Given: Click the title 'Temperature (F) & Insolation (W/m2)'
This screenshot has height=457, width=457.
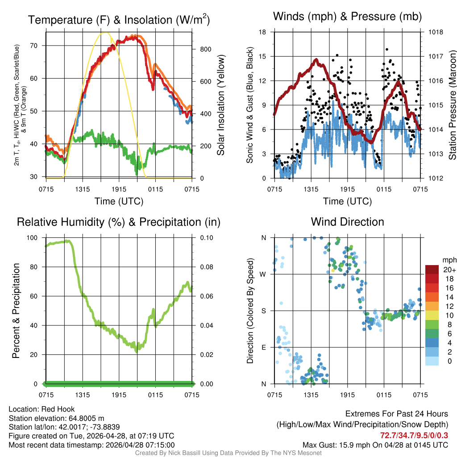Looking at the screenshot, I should point(119,20).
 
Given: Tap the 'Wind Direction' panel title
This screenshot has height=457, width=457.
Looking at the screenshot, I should point(347,222).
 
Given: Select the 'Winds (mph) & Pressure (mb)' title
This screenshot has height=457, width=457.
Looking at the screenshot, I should point(347,17).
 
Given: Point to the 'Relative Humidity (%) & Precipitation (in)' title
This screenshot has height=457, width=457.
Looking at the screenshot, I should point(119,222).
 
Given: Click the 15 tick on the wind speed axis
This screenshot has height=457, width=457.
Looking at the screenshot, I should point(262,56).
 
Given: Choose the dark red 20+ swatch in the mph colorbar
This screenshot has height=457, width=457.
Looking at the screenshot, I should point(432,270).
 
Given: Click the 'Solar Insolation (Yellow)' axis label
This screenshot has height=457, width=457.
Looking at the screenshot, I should point(220,105).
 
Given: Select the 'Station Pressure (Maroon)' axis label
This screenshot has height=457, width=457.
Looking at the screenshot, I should point(452,105).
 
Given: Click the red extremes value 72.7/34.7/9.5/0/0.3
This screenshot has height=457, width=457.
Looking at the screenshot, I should point(414,435).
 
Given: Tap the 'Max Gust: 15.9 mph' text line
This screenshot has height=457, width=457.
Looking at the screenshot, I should point(375,445).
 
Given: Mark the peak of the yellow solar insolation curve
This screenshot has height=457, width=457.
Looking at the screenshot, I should point(105,33).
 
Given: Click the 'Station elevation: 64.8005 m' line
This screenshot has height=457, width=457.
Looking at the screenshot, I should point(56,418).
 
